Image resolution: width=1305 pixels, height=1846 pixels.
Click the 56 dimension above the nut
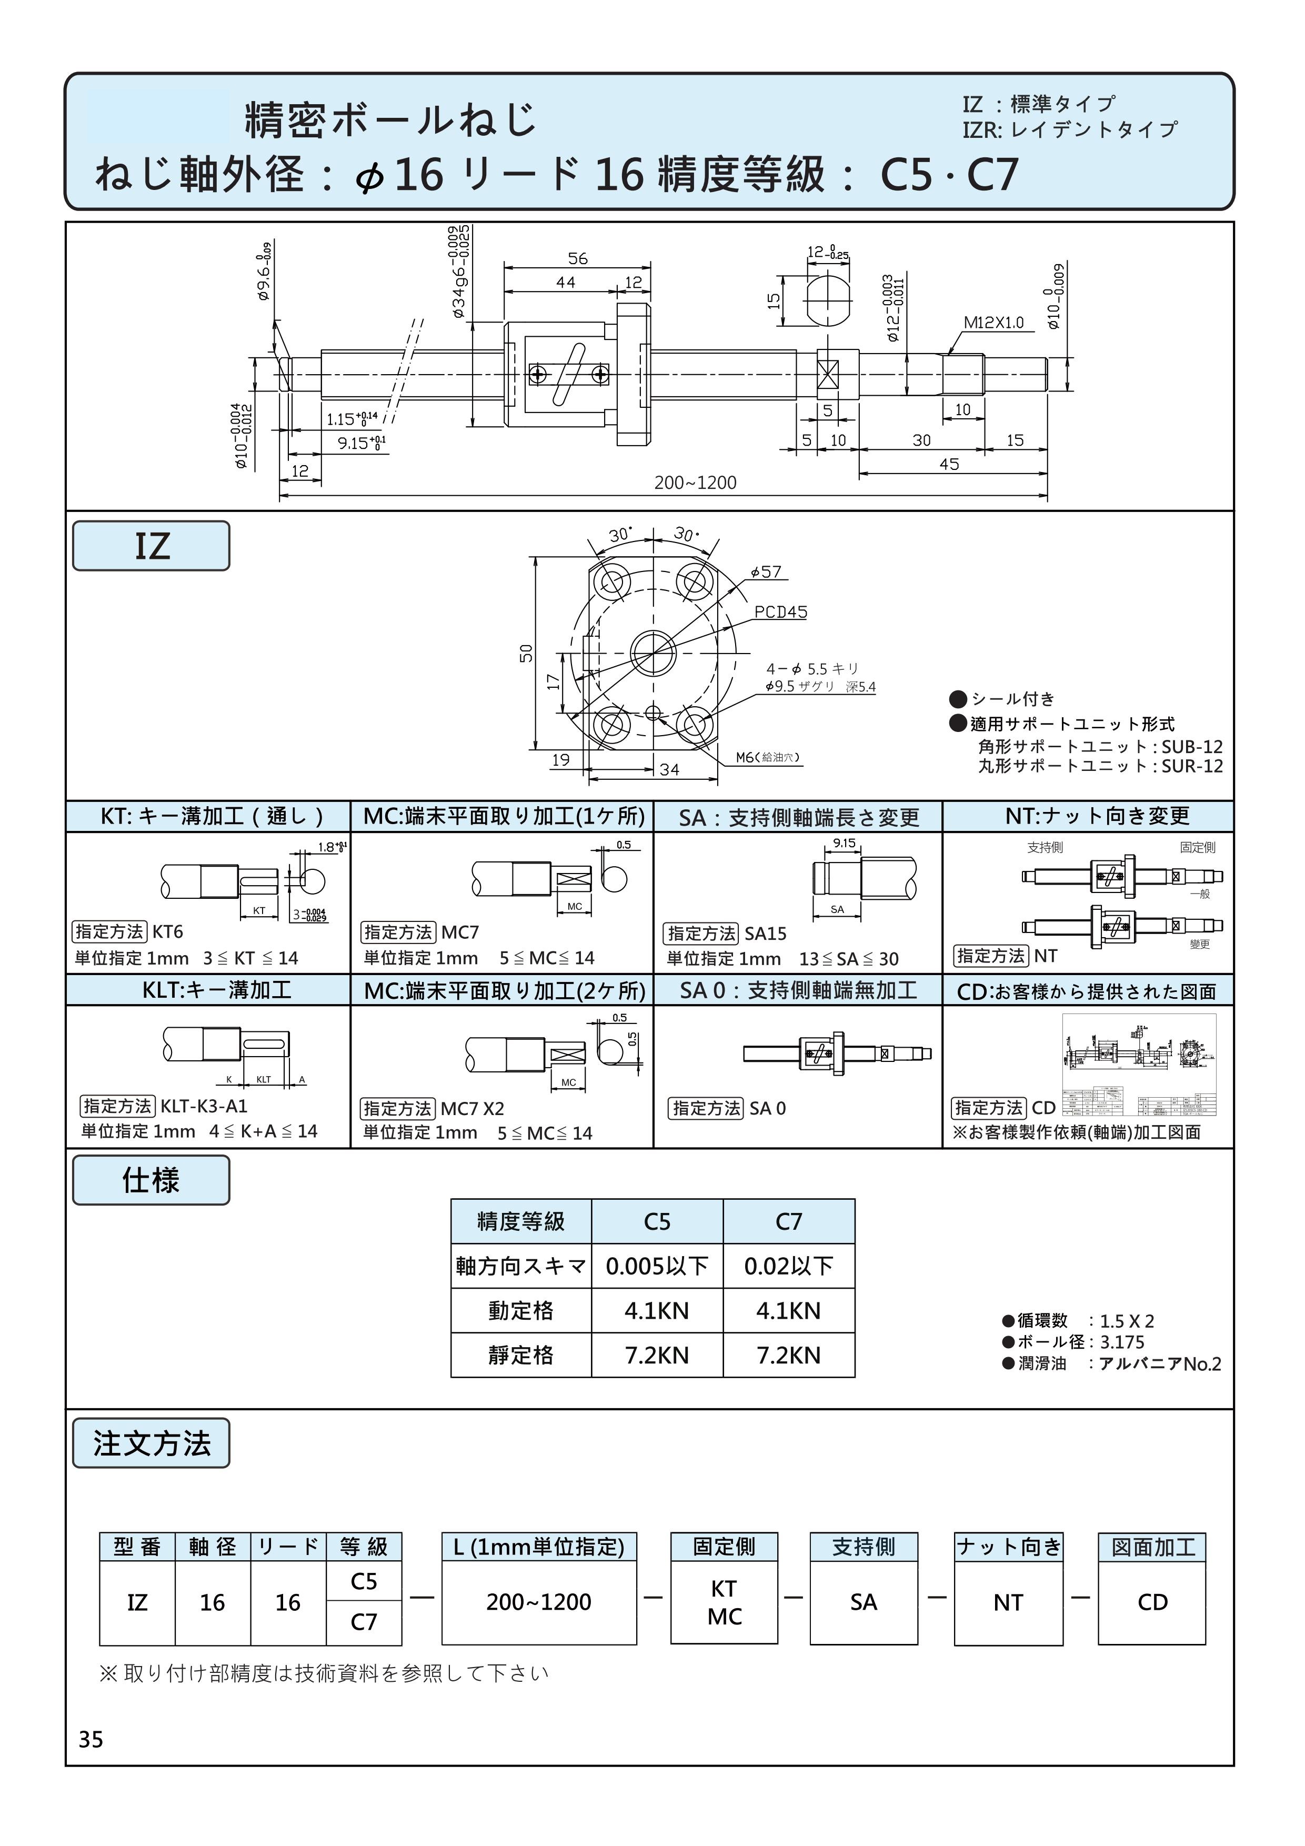577,258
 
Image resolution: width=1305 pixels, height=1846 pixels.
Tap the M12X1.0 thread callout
994,323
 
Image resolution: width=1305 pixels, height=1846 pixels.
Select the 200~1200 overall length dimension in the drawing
695,483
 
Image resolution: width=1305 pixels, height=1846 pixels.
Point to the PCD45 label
780,612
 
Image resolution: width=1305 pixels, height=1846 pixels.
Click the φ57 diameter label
766,571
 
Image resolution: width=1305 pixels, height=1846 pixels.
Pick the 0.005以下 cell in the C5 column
656,1266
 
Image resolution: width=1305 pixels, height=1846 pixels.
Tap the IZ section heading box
151,546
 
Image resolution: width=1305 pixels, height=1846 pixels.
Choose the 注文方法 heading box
151,1443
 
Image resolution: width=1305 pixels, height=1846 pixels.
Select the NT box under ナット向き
1008,1602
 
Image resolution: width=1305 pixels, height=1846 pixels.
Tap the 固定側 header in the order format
724,1546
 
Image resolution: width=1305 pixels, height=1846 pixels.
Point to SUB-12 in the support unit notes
1192,746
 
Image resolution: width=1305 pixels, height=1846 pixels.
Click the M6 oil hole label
767,757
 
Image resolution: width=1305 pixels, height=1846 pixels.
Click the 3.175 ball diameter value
1122,1342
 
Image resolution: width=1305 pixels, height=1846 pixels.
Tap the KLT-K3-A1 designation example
204,1106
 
